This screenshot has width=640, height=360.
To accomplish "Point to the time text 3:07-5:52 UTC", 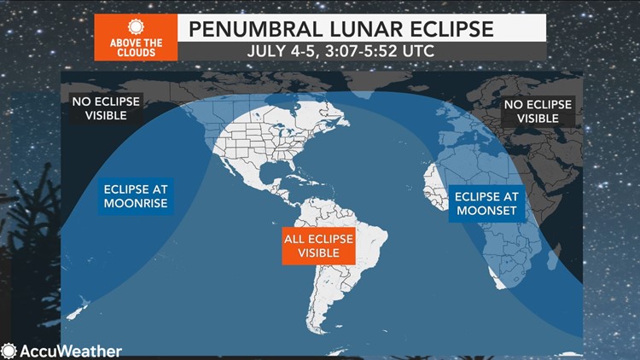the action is coord(380,51).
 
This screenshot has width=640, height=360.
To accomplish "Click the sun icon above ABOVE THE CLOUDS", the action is coord(136,27).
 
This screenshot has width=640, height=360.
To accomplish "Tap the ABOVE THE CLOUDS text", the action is coord(136,48).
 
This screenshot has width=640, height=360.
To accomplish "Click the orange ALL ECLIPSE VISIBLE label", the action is coord(318,246).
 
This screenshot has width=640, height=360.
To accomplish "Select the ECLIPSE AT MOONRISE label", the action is coord(136,196).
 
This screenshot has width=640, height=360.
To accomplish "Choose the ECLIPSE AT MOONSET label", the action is coord(486,204).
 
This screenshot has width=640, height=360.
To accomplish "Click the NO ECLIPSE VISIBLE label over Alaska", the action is coord(106,108).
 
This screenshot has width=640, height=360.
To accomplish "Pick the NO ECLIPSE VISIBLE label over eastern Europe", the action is coord(538,112).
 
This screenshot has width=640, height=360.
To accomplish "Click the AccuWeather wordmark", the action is coord(71,351).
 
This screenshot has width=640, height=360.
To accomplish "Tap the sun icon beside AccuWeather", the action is coord(9,351).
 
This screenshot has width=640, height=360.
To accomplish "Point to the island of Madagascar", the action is coord(552,258).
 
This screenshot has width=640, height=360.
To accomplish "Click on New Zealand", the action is coord(78,309).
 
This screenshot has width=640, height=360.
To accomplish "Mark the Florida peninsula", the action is coord(292,165).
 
